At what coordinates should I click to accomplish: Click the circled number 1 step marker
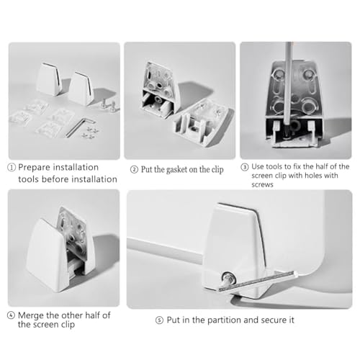tap(12, 167)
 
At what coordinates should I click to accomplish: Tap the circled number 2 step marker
tap(134, 170)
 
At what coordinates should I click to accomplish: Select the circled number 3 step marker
tap(245, 167)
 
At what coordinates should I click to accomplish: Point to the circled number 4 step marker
tap(12, 315)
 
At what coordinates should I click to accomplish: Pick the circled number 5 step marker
tap(159, 320)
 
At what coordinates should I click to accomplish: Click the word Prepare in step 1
tap(34, 168)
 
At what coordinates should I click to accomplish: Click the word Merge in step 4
tap(31, 315)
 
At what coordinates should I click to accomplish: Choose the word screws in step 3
tap(262, 185)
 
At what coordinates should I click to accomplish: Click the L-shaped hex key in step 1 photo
tap(78, 127)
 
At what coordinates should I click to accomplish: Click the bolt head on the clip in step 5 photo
tap(228, 278)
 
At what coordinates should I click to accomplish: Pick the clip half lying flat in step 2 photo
tap(204, 122)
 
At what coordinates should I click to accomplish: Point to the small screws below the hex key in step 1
tap(90, 132)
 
